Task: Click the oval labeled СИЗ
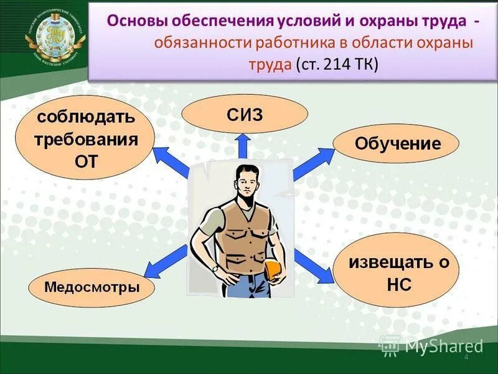(x=245, y=115)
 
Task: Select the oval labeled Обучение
(x=397, y=144)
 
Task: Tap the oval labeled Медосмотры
(x=92, y=287)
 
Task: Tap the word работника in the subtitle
(x=291, y=42)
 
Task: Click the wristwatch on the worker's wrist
(x=215, y=267)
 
